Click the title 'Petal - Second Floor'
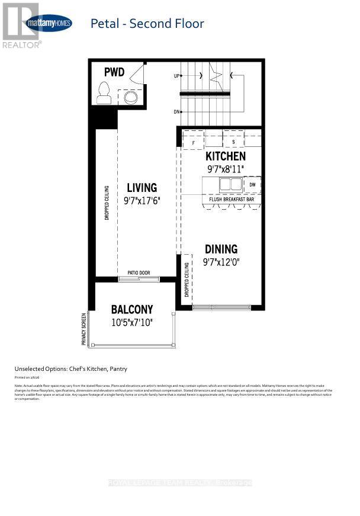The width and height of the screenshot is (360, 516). coord(147,24)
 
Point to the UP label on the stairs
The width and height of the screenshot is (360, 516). coord(176,76)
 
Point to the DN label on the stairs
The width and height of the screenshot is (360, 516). coord(176,111)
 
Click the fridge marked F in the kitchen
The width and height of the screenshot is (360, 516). coord(193,142)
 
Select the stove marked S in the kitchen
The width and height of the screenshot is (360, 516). coord(233,142)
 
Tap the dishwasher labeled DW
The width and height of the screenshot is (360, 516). coord(252,185)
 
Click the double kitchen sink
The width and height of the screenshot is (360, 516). coord(230,185)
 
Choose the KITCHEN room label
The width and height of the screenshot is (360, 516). coord(225,156)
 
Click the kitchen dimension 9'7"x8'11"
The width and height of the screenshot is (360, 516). coord(225,169)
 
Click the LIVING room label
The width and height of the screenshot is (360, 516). coord(142,188)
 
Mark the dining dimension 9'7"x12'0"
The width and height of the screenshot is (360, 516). coord(221,261)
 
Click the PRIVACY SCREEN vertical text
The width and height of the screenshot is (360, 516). coord(84,329)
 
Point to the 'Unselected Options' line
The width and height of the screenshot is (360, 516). coord(70,368)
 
